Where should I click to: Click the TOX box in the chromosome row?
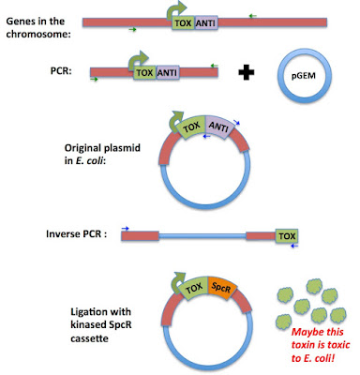tap(184, 22)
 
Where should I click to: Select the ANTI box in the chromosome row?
tap(206, 22)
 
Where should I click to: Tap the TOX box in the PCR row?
tap(145, 73)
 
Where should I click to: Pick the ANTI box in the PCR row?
tap(168, 73)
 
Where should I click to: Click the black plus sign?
tap(247, 72)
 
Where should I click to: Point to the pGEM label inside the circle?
tap(304, 75)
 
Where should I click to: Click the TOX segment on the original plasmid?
tap(191, 127)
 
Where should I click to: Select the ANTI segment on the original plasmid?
tap(219, 127)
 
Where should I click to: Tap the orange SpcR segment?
tap(221, 288)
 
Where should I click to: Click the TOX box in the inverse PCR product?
tap(287, 236)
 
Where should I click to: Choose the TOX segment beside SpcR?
tap(194, 288)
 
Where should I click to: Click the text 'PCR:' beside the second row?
tap(61, 71)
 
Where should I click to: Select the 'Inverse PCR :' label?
tap(77, 233)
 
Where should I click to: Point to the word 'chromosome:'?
tap(38, 34)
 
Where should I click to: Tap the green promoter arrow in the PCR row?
tap(138, 61)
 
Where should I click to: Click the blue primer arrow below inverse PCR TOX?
tap(294, 247)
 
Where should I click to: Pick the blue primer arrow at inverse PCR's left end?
tap(126, 229)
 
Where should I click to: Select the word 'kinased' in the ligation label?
tap(88, 324)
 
